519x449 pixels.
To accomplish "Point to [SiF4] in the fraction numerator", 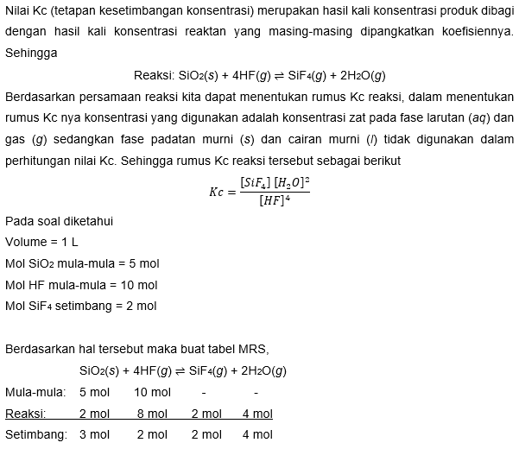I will coord(255,182).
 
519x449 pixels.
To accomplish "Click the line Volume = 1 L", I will coord(41,242).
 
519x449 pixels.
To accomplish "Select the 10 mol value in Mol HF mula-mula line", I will coord(137,284).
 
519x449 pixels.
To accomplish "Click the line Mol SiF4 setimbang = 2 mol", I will coord(80,305).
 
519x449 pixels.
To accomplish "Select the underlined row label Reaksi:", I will coord(26,414).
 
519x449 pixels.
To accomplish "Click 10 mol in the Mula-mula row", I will coord(153,392).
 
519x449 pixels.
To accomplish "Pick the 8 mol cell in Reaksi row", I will coord(152,414).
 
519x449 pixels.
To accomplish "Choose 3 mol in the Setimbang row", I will coord(94,434).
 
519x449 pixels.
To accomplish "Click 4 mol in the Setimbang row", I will coord(257,434).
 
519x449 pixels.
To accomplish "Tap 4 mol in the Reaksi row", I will coord(257,414).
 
